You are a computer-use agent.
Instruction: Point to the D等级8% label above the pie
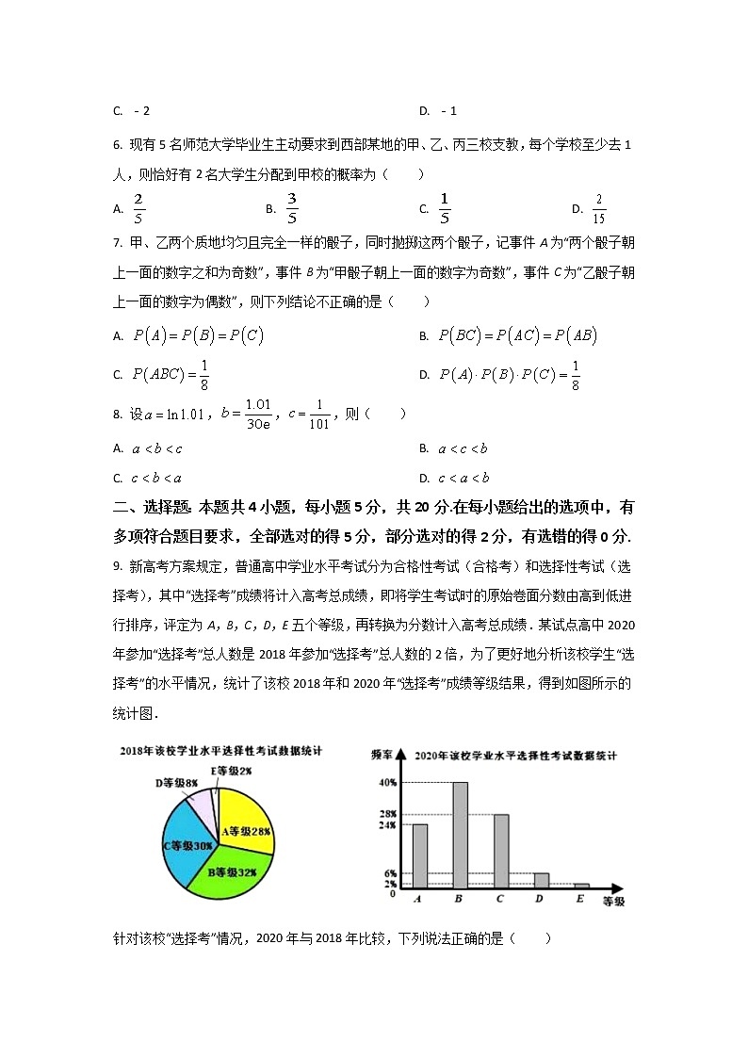[176, 783]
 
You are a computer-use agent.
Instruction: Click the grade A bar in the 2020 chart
[419, 855]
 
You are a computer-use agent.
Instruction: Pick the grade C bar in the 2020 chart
[500, 851]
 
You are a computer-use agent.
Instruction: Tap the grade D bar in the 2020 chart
[541, 880]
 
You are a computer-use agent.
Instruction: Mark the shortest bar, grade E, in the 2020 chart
[581, 886]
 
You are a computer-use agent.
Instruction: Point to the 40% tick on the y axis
[387, 783]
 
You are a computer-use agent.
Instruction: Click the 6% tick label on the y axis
[390, 874]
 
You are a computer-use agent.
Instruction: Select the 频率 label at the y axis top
[382, 756]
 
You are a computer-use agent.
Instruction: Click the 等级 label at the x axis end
[613, 903]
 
